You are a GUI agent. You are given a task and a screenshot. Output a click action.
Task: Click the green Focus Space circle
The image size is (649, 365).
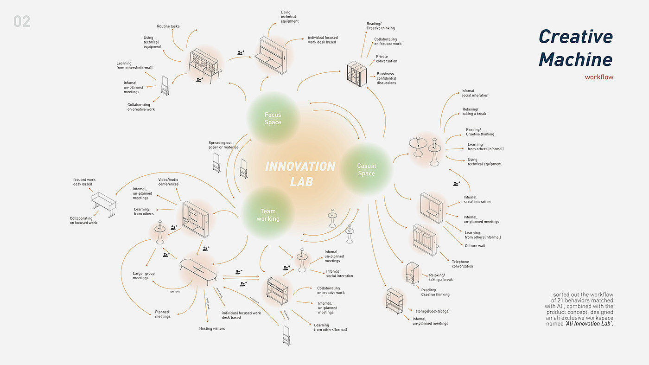click(273, 118)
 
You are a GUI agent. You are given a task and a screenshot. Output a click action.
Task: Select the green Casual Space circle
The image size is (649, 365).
click(366, 169)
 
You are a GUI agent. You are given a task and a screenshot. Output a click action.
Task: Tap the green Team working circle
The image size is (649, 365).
click(268, 215)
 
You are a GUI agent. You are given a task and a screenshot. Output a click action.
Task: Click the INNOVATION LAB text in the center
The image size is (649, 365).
click(300, 173)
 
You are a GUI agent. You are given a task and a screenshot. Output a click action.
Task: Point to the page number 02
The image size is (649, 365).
click(22, 22)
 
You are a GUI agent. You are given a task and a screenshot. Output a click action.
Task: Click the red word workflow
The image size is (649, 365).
click(599, 77)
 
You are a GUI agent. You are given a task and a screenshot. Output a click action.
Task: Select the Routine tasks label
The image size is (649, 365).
click(168, 26)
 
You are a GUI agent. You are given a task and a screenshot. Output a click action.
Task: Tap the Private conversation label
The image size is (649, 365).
click(387, 59)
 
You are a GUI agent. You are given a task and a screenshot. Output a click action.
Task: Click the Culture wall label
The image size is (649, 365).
click(475, 246)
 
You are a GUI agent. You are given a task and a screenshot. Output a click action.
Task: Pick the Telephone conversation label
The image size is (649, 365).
click(463, 264)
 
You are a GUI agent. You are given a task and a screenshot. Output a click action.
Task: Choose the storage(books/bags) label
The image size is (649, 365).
click(433, 311)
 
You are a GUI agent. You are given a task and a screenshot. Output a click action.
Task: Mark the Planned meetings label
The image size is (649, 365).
click(162, 314)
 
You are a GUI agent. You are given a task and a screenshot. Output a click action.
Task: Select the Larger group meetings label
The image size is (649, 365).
click(144, 275)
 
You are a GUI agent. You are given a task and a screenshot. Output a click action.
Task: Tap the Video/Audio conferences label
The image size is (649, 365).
click(168, 182)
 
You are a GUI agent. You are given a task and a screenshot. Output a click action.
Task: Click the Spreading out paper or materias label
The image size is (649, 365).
click(223, 145)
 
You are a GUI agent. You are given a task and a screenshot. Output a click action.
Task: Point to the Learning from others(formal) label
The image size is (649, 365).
click(330, 327)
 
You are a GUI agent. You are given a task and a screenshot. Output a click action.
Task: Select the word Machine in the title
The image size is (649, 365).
click(575, 59)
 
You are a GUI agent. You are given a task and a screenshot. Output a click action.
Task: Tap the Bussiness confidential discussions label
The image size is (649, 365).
click(387, 78)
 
